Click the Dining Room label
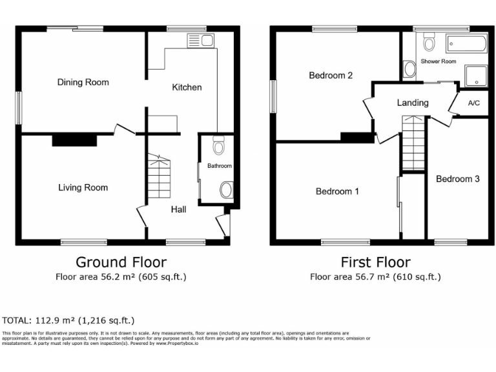pos(83,82)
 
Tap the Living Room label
pos(83,187)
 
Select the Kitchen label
pos(187,87)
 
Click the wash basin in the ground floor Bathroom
pos(226,190)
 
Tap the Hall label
pos(179,209)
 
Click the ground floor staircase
pos(160,178)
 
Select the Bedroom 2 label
pos(331,75)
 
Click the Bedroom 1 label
pos(337,191)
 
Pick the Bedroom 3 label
pos(457,179)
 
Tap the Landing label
pos(413,102)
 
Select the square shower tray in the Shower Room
pos(476,76)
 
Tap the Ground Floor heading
pos(121,262)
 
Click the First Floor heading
pos(375,262)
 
